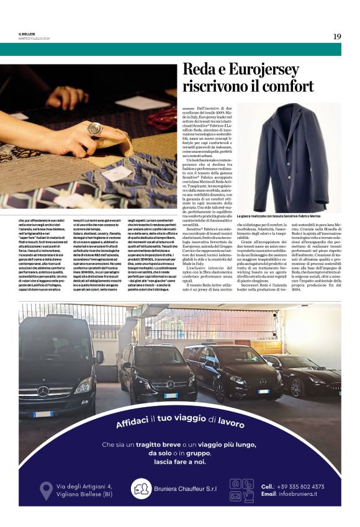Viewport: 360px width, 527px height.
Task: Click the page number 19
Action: tap(336, 37)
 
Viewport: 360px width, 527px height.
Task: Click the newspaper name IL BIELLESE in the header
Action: tap(29, 34)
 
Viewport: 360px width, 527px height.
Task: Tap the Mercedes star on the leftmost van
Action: tap(44, 391)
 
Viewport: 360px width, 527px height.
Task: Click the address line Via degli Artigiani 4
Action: tap(84, 486)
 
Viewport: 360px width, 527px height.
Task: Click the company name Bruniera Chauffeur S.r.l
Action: tap(184, 489)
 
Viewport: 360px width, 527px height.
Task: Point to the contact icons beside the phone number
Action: tap(241, 489)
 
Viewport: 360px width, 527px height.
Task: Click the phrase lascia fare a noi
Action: tap(179, 462)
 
